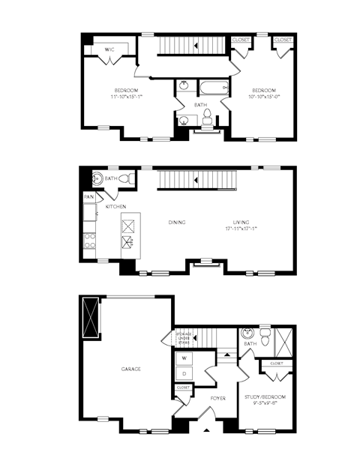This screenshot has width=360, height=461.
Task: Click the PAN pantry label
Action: point(88,197)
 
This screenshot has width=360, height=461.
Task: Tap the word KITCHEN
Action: point(114,206)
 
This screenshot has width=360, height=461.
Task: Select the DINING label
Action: point(177,222)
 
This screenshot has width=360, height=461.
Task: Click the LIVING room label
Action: point(240,222)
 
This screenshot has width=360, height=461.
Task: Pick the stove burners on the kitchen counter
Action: point(90,241)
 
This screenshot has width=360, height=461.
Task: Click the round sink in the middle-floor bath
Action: point(96,178)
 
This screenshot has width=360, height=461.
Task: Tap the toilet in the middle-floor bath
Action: point(129,178)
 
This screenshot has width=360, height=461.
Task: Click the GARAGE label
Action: point(132,369)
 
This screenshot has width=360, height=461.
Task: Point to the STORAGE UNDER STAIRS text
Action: point(184,337)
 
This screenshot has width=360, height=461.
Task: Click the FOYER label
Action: point(218,398)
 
